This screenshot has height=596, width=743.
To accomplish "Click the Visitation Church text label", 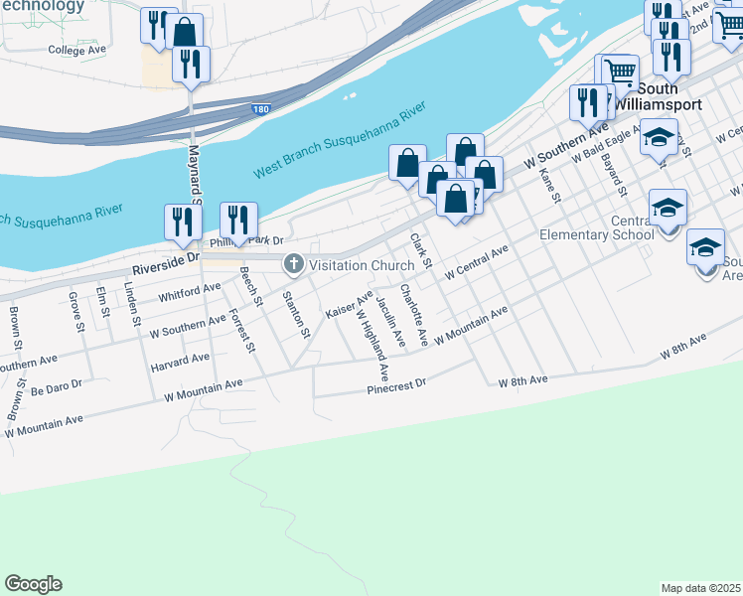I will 361,265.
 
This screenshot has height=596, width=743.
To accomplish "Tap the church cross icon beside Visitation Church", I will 294,265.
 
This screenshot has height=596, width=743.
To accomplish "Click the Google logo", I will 33,584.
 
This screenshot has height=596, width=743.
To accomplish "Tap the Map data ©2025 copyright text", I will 701,588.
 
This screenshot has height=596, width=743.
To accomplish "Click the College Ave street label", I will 76,49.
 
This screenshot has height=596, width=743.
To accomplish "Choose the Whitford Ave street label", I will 189,290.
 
